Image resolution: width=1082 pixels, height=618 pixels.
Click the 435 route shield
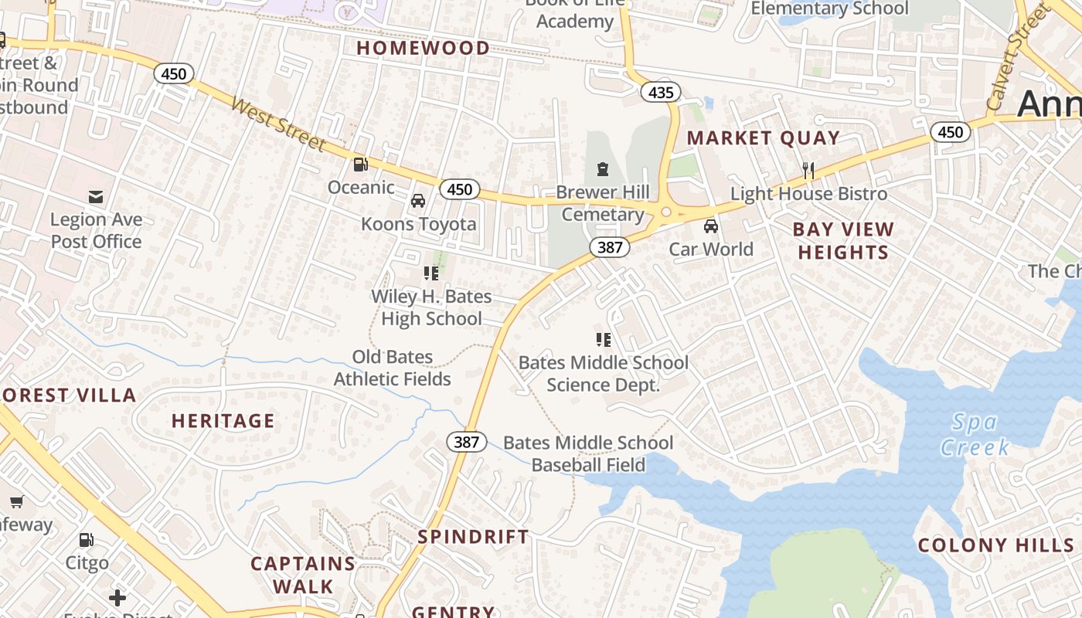pos(661,93)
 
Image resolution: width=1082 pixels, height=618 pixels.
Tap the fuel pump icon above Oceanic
pos(360,164)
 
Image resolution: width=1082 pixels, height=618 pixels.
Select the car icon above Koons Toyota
pos(418,201)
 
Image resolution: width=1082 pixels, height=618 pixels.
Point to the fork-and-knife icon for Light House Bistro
pos(808,171)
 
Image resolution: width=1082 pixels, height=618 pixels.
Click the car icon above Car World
pos(711,226)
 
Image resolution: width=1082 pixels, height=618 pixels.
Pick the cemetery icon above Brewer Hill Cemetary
pos(602,168)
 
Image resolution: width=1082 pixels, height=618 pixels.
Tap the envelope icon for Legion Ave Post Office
pos(96,197)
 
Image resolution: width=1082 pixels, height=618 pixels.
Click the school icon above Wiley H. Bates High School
pos(431,273)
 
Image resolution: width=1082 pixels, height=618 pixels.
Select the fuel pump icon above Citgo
pos(87,540)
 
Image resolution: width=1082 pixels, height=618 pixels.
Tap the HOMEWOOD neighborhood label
pos(423,48)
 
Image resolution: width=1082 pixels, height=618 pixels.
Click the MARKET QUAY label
pos(763,138)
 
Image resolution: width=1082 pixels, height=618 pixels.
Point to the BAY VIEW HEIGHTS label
pos(843,241)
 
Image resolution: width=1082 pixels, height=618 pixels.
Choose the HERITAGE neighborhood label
pos(223,421)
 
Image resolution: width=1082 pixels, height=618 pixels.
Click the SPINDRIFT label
pos(473,537)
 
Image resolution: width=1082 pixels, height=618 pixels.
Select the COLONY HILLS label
pos(995,545)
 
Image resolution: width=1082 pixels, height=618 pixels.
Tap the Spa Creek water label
pos(975,434)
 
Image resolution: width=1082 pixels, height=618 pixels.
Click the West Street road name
pos(279,124)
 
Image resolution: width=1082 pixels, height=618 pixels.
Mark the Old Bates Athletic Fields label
pos(393,368)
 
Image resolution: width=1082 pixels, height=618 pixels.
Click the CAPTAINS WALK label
pos(303,575)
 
